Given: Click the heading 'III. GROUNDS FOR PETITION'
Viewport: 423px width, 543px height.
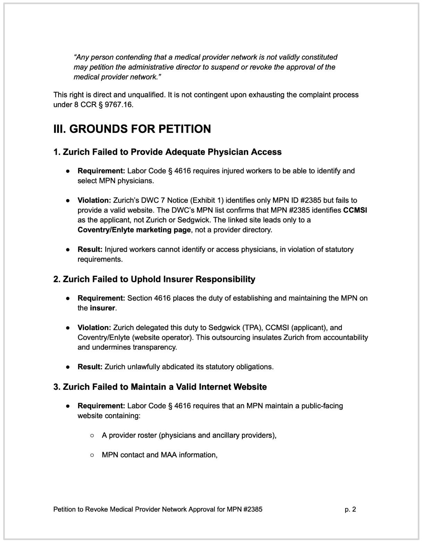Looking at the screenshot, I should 132,129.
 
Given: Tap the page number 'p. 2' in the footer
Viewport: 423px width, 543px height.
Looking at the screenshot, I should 350,509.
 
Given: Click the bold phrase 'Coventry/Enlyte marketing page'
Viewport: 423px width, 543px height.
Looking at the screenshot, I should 134,230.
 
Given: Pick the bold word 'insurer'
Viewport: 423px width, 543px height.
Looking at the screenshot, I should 102,308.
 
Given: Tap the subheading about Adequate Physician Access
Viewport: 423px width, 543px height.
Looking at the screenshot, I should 167,152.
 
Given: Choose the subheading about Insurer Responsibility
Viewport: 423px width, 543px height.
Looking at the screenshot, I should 154,279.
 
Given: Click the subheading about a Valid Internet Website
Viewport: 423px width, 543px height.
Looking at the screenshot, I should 160,387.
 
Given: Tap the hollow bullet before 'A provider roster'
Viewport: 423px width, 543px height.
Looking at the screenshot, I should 92,435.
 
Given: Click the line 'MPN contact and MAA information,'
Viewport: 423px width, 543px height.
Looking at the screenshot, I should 159,455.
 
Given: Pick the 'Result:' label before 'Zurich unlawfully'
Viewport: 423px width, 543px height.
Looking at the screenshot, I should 90,367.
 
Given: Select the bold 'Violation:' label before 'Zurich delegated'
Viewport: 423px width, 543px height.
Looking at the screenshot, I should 94,327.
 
